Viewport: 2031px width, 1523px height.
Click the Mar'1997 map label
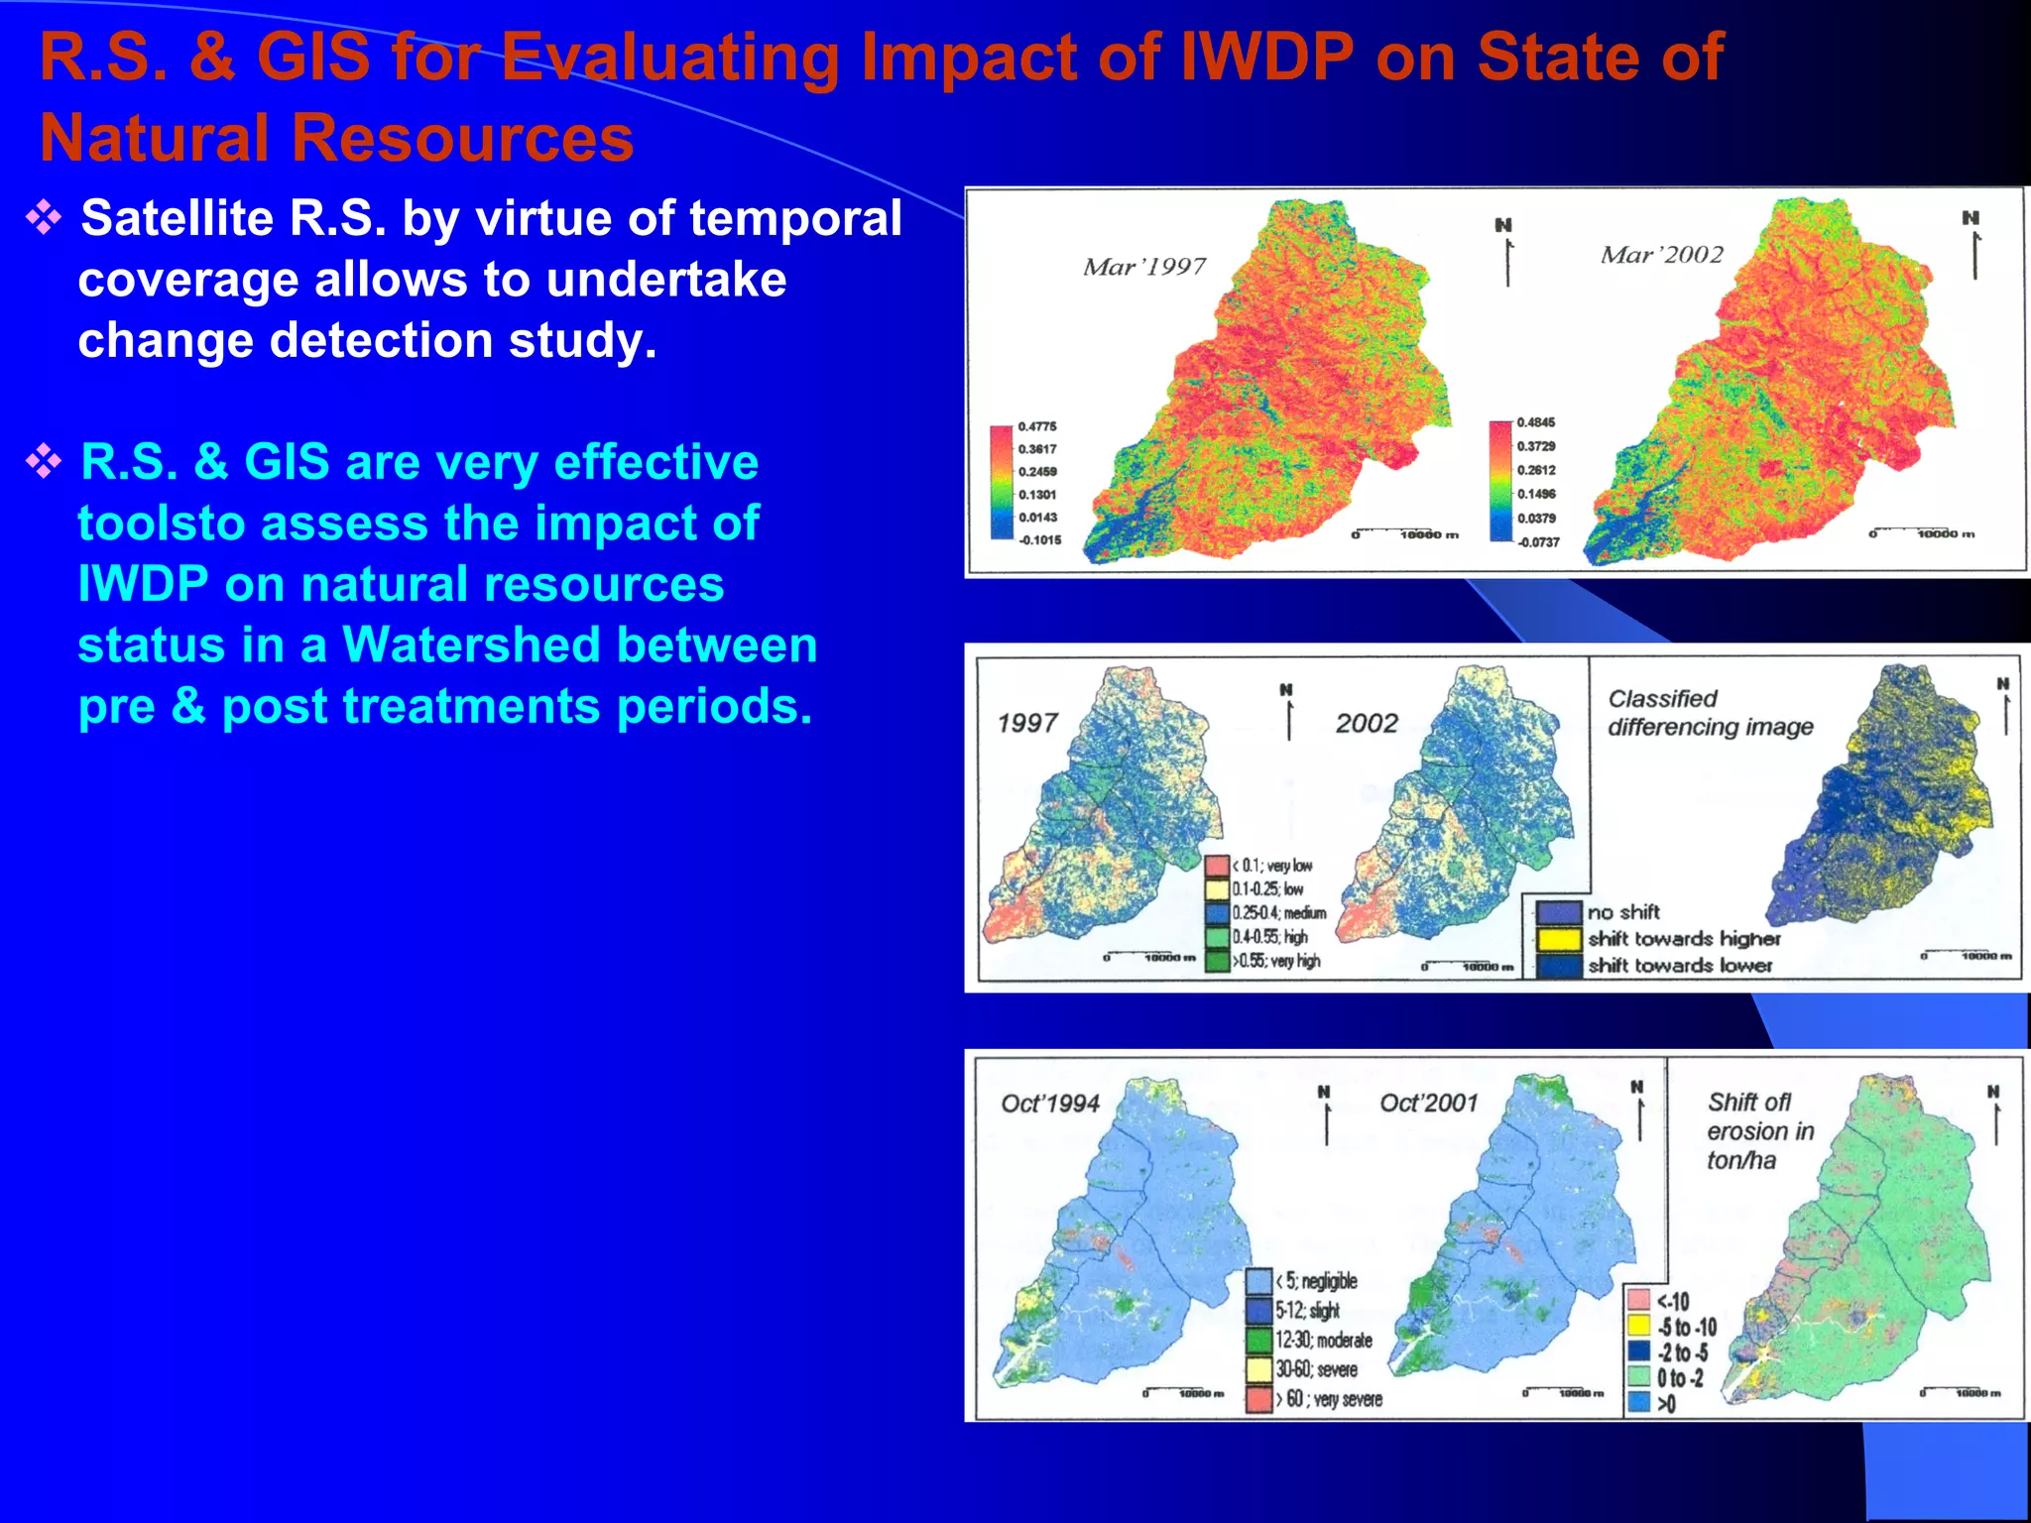click(x=1144, y=266)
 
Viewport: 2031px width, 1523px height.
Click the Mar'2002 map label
click(x=1662, y=255)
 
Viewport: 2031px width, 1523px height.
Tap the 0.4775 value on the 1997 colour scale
click(x=1036, y=426)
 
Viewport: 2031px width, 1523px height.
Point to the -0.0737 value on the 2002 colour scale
click(x=1537, y=542)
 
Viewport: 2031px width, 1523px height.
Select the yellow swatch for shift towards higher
click(x=1558, y=938)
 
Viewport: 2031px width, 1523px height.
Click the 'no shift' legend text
click(x=1622, y=912)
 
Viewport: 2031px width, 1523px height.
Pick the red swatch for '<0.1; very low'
click(x=1217, y=865)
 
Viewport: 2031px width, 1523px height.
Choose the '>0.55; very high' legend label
click(x=1276, y=961)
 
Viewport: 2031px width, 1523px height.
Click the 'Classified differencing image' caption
click(x=1710, y=713)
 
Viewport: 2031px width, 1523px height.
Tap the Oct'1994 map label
click(x=1050, y=1104)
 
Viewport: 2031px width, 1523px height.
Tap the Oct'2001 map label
click(x=1428, y=1103)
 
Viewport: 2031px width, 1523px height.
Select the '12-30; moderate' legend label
click(x=1323, y=1341)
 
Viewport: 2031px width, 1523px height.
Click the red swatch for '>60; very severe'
click(x=1258, y=1400)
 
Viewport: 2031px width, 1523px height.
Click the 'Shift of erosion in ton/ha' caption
click(x=1759, y=1131)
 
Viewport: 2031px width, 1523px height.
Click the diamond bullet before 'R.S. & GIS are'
click(x=45, y=461)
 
